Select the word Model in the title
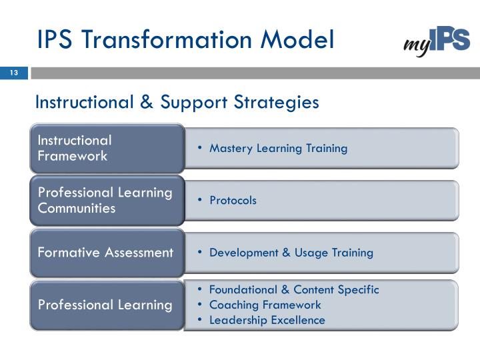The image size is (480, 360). point(295,39)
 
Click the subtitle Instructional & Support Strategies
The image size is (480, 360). point(177,103)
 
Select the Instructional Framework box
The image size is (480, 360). point(107,148)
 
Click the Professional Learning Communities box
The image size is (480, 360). point(107,200)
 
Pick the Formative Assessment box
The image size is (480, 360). point(107,253)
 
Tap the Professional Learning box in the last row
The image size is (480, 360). point(107,305)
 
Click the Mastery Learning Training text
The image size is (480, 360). point(278,148)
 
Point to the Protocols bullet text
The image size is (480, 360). point(233,201)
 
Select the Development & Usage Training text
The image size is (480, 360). point(291,253)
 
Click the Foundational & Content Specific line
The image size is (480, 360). point(293,290)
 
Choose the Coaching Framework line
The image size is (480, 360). point(265,305)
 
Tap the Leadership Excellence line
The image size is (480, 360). point(267,320)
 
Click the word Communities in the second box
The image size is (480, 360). point(77,209)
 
